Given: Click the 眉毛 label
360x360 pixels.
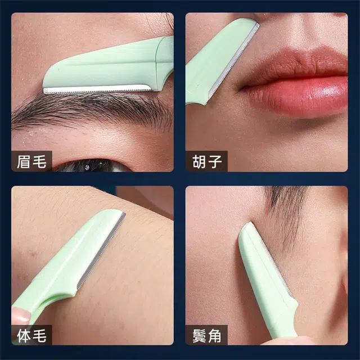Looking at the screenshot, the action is click(x=31, y=161).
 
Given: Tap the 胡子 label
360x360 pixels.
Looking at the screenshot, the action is click(x=207, y=161).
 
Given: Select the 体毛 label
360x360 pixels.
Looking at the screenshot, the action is click(x=31, y=335).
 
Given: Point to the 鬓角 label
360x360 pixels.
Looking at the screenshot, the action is click(x=207, y=335).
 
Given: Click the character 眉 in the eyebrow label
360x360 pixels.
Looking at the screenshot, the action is click(x=24, y=161).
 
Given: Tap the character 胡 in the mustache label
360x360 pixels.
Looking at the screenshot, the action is click(x=199, y=161).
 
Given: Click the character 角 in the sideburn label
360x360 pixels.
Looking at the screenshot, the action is click(x=215, y=335).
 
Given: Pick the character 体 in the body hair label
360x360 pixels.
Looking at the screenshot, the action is click(x=24, y=335).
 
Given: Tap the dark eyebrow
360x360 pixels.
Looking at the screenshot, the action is click(x=92, y=110).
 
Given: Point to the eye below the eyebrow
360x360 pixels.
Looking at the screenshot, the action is click(x=92, y=166).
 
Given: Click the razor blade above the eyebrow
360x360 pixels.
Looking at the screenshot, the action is click(x=97, y=89).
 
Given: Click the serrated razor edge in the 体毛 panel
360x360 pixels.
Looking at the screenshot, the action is click(x=101, y=250).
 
